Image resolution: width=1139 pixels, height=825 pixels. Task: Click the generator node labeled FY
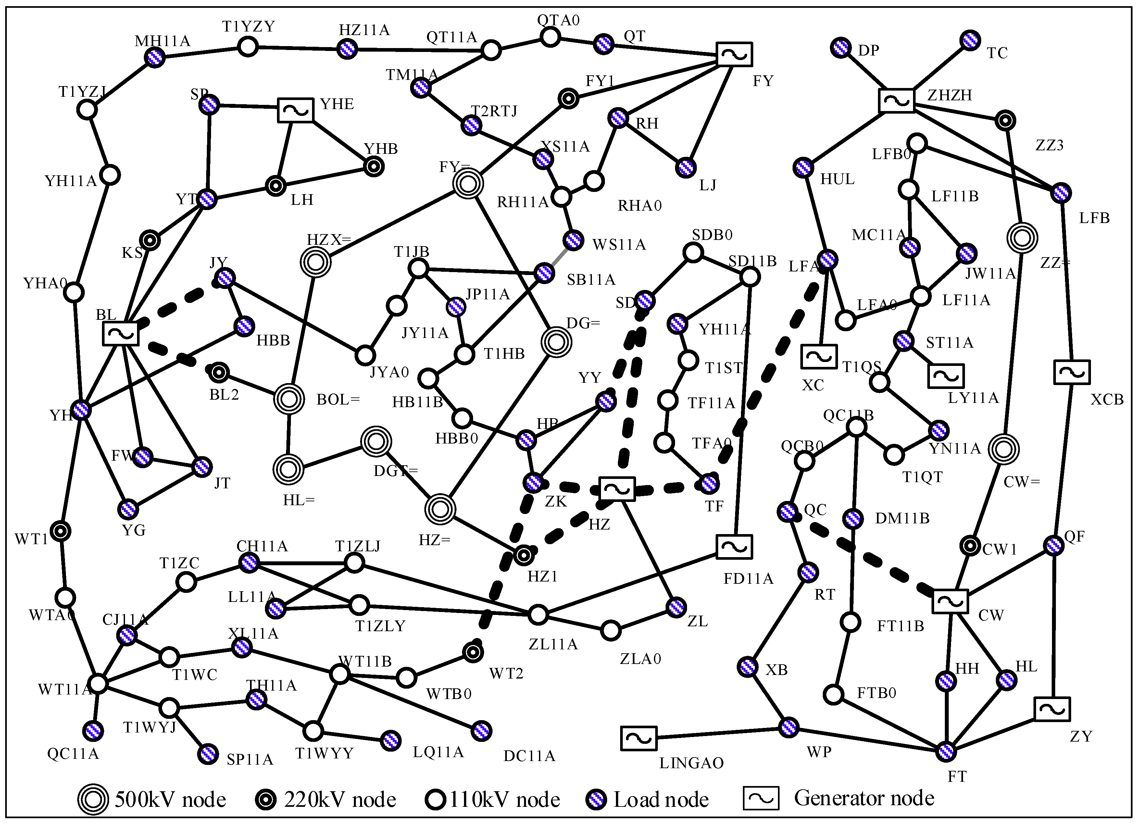pyautogui.click(x=734, y=54)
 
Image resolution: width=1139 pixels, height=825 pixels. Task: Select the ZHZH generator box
pyautogui.click(x=896, y=101)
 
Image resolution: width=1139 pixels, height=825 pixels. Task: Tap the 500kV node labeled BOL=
pyautogui.click(x=289, y=399)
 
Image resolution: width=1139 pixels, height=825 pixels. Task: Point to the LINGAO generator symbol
pyautogui.click(x=638, y=738)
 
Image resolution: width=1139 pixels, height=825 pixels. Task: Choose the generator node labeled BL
pyautogui.click(x=120, y=334)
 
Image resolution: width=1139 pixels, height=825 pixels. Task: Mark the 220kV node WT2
pyautogui.click(x=472, y=653)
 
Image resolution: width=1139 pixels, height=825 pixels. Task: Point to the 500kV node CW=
pyautogui.click(x=1003, y=449)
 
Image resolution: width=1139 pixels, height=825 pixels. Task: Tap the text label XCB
pyautogui.click(x=1107, y=400)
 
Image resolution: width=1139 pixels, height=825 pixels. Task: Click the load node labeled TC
pyautogui.click(x=970, y=41)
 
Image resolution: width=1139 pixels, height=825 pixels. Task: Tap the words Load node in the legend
pyautogui.click(x=661, y=799)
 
